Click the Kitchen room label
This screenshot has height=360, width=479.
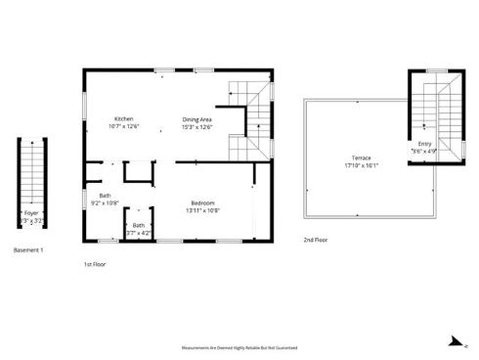coord(124,119)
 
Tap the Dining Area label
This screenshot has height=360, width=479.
coord(196,119)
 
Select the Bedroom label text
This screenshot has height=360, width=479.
coord(202,202)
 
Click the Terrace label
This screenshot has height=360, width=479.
coord(361,158)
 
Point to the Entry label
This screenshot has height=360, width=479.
coord(423,144)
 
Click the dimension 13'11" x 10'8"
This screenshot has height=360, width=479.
coord(202,210)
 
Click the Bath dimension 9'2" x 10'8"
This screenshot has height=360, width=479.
coord(104,202)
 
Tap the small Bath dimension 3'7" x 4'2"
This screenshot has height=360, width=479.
coord(139,233)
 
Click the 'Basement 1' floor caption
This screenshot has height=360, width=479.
coord(29,250)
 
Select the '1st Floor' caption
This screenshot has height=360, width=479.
coord(96,263)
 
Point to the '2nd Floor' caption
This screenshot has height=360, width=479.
coord(316,240)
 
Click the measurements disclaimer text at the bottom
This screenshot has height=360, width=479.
coord(239,347)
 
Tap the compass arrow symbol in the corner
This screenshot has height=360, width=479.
coord(454,342)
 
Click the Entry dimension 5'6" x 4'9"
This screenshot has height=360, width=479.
coord(423,152)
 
